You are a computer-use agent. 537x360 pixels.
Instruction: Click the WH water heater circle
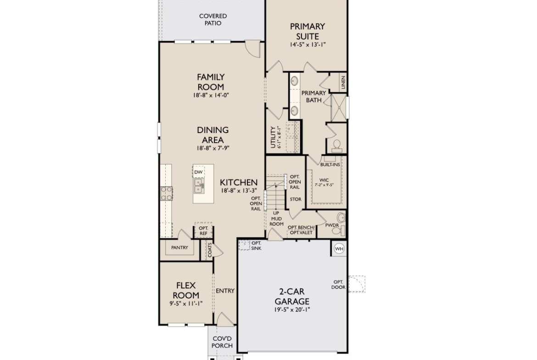339,249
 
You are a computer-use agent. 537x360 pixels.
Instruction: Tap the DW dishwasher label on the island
198,172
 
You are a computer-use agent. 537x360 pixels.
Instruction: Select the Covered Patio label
213,20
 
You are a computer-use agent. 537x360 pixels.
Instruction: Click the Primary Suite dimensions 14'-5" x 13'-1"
307,44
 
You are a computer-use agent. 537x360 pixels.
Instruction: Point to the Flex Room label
186,290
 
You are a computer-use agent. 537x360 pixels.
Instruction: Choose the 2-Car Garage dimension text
292,310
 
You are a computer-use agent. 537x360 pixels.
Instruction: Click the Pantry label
179,248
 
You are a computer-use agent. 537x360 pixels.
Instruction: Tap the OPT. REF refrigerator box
203,231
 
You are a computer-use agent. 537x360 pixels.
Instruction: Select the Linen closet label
343,83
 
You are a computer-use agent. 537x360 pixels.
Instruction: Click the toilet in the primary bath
337,146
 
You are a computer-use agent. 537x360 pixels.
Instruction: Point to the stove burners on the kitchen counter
167,194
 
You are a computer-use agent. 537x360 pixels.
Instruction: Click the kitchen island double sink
199,185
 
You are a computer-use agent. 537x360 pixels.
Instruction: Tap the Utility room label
273,137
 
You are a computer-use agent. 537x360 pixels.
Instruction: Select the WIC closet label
324,180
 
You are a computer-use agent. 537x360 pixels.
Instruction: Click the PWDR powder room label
332,225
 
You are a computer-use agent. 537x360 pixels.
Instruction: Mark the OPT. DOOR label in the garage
338,285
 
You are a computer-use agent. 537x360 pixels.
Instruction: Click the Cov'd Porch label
222,342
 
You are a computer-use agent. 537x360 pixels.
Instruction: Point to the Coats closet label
210,250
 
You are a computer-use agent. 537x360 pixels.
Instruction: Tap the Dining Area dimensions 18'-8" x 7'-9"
213,148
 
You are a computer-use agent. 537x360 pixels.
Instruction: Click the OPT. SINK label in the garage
256,246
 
